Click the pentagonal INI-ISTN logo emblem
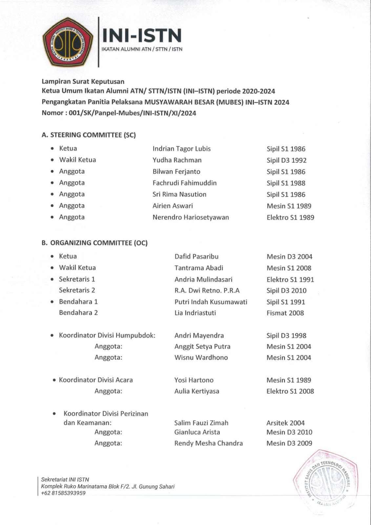point(68,42)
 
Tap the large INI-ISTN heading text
point(142,35)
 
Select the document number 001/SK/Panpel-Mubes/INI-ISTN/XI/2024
point(133,113)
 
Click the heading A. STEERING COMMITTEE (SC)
point(89,135)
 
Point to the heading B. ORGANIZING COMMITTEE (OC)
point(94,243)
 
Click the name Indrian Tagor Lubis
point(181,149)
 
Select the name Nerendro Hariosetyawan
point(191,217)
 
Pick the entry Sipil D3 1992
point(286,160)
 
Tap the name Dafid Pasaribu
point(196,257)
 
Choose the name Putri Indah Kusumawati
point(211,302)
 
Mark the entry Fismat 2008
point(285,313)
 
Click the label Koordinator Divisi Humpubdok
point(107,335)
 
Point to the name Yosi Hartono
point(194,380)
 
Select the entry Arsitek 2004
point(285,423)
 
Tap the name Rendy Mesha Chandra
point(208,443)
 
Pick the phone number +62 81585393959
point(63,493)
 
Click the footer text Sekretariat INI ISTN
point(65,479)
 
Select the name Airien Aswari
point(173,206)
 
